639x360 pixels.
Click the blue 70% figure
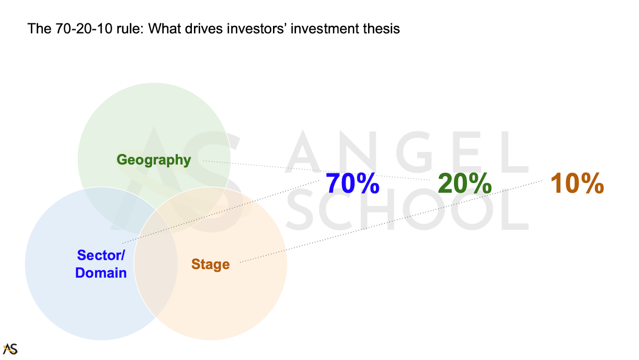352,183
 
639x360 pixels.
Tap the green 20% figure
465,183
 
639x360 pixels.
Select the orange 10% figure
577,183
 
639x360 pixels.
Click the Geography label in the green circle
154,160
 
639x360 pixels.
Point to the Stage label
210,264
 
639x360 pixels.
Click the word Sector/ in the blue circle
101,255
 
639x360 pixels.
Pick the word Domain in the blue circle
101,273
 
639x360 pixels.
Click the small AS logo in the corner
10,349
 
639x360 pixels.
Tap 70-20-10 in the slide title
84,28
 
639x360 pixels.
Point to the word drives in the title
204,28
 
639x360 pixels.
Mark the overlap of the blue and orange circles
156,264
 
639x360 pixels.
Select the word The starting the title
40,28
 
